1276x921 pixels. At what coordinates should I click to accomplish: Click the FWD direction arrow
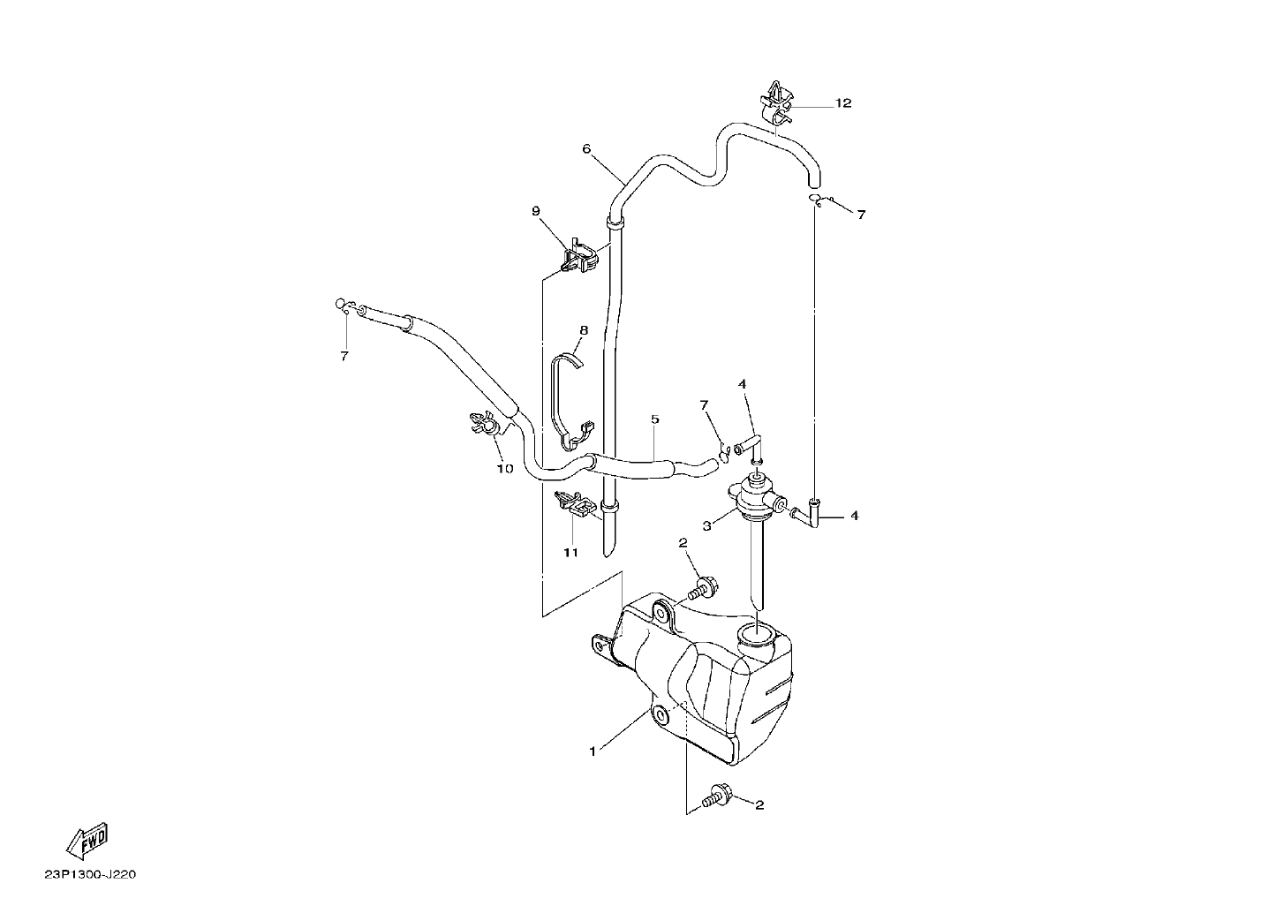click(87, 841)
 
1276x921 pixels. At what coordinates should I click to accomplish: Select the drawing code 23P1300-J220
click(91, 875)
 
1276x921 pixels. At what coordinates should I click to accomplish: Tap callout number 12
click(843, 103)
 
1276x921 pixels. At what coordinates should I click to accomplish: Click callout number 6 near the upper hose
click(586, 149)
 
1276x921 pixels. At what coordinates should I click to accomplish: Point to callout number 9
click(535, 211)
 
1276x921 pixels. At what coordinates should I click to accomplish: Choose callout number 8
click(584, 330)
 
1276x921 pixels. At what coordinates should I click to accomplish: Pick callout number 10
click(505, 469)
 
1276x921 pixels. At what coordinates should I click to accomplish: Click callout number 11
click(570, 553)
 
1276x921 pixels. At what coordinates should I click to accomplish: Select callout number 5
click(655, 419)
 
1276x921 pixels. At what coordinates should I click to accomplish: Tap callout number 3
click(707, 526)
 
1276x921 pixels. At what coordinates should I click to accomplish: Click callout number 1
click(593, 751)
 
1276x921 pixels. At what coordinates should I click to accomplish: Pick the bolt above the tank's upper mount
click(704, 589)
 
